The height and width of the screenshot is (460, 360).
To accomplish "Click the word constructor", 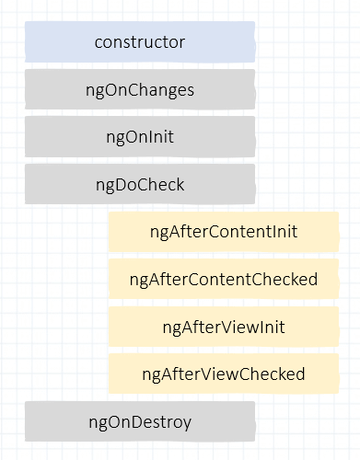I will click(x=140, y=42).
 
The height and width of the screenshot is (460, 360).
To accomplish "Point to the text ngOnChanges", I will click(x=140, y=90).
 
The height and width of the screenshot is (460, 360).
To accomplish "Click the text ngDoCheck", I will click(x=140, y=184).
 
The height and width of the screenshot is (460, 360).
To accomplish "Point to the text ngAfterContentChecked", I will click(x=224, y=279).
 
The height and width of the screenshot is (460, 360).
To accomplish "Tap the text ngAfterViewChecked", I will click(x=224, y=374).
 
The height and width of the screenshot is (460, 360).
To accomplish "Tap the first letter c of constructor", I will click(x=99, y=43).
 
